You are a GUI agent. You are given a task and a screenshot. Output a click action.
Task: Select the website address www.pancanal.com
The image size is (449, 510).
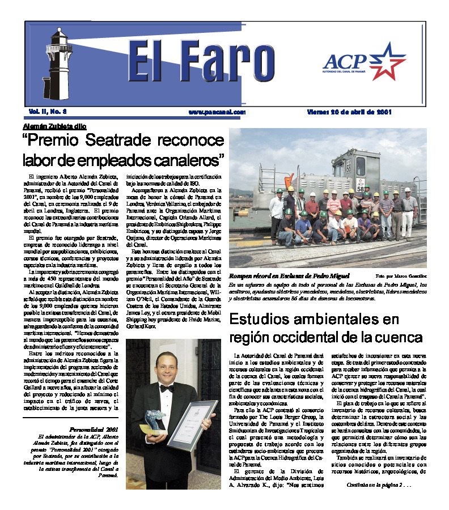217,112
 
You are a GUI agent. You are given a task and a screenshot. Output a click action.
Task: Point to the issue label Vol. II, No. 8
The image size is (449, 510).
49,112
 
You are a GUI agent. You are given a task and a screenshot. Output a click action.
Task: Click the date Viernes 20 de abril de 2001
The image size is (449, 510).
349,112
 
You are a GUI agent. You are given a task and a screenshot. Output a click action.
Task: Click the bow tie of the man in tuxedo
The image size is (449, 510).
167,388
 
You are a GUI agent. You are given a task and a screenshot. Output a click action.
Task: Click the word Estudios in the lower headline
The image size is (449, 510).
259,319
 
